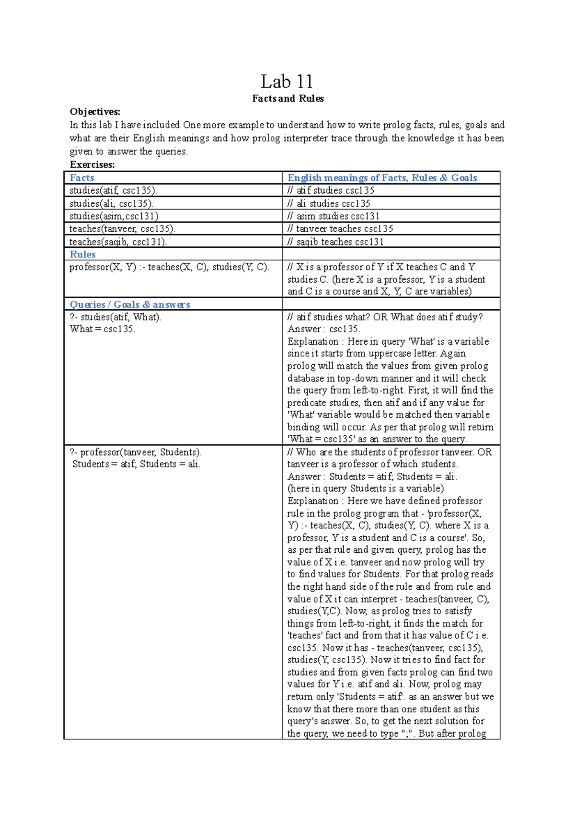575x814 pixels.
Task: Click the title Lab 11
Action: pos(287,81)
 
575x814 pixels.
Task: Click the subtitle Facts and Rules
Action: pos(287,99)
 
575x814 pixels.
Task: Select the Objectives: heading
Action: pos(95,112)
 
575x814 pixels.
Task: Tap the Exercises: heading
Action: pos(92,164)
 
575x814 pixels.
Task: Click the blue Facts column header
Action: pos(82,178)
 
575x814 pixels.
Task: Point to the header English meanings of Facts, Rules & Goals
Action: pos(382,178)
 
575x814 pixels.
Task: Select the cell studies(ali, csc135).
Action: pos(111,203)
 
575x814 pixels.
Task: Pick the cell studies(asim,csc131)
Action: pos(114,216)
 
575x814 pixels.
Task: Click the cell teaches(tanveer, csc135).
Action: pos(122,229)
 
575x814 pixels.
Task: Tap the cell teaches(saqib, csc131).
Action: pos(118,242)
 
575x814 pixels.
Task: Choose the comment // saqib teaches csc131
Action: pos(335,242)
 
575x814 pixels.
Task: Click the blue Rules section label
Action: pos(82,255)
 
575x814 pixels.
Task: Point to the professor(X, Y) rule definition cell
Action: pos(169,267)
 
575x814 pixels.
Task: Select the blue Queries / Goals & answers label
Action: pos(130,304)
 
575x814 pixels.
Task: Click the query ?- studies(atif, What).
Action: pos(115,317)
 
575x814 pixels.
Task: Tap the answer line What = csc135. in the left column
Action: pos(103,329)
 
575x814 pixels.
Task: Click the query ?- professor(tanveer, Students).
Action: pos(136,452)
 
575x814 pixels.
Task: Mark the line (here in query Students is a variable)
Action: pos(365,488)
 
